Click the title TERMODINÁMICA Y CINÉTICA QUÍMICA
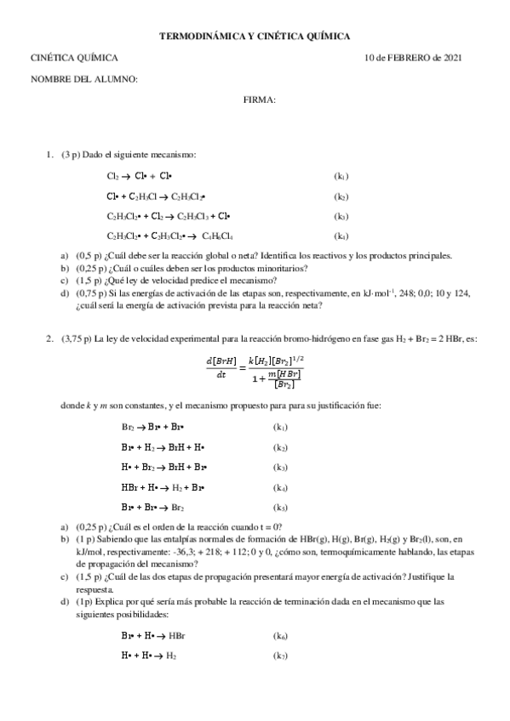(x=255, y=36)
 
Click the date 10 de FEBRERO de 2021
(x=413, y=58)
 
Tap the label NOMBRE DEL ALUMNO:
(x=83, y=79)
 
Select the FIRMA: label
(x=259, y=100)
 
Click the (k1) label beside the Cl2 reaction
(x=341, y=176)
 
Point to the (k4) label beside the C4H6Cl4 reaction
(x=341, y=236)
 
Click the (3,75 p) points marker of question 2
(x=77, y=338)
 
